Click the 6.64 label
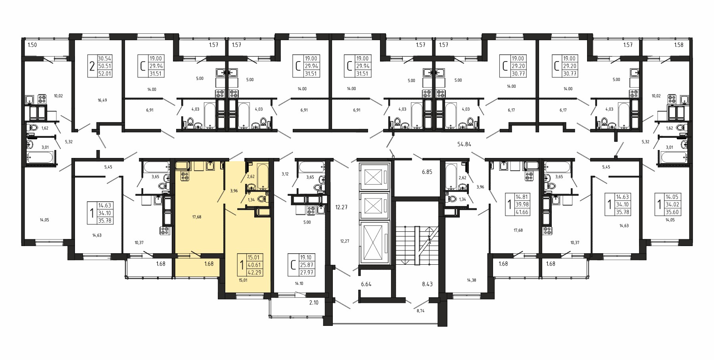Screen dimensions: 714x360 367,284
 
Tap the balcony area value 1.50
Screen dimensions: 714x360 32,45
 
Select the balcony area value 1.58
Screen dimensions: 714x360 679,45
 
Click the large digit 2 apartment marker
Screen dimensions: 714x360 92,66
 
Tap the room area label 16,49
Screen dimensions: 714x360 102,100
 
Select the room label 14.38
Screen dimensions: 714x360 471,280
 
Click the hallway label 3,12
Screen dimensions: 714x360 285,173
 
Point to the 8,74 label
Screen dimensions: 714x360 420,311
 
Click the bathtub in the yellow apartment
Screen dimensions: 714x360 263,176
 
